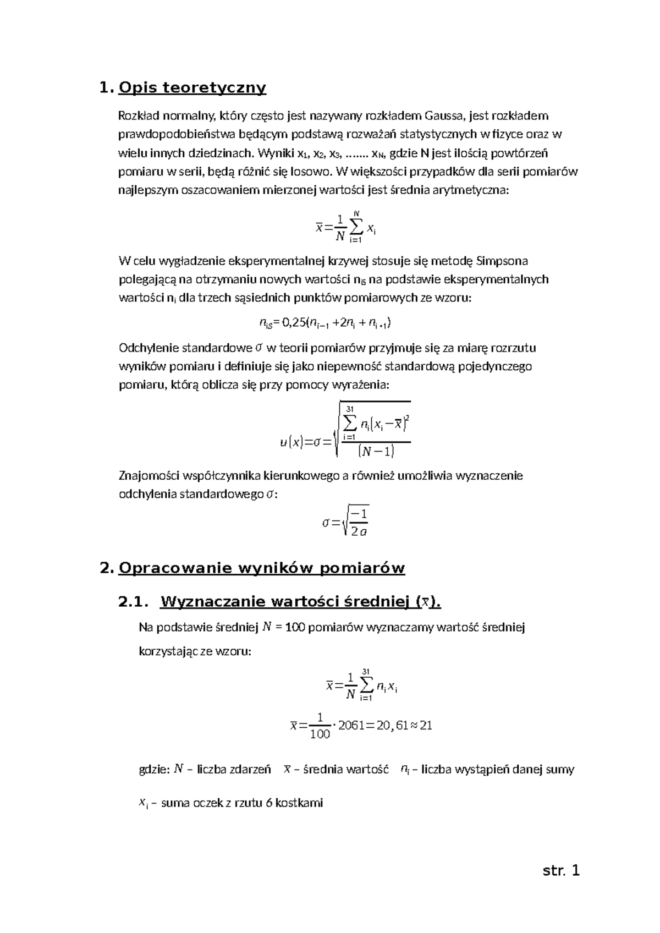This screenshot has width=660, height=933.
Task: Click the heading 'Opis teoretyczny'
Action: [x=192, y=87]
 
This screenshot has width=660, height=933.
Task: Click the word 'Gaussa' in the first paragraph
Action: [x=444, y=116]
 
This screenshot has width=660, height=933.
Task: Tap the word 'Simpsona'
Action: [x=503, y=260]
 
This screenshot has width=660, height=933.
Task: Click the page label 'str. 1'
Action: [x=561, y=871]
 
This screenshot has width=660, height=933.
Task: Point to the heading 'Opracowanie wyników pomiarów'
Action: [x=261, y=568]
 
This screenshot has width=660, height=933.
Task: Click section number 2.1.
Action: [x=133, y=602]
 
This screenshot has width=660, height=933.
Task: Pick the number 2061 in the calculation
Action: [x=351, y=725]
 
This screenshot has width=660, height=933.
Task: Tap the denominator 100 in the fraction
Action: [x=320, y=734]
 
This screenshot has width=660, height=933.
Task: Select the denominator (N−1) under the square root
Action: [x=376, y=452]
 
